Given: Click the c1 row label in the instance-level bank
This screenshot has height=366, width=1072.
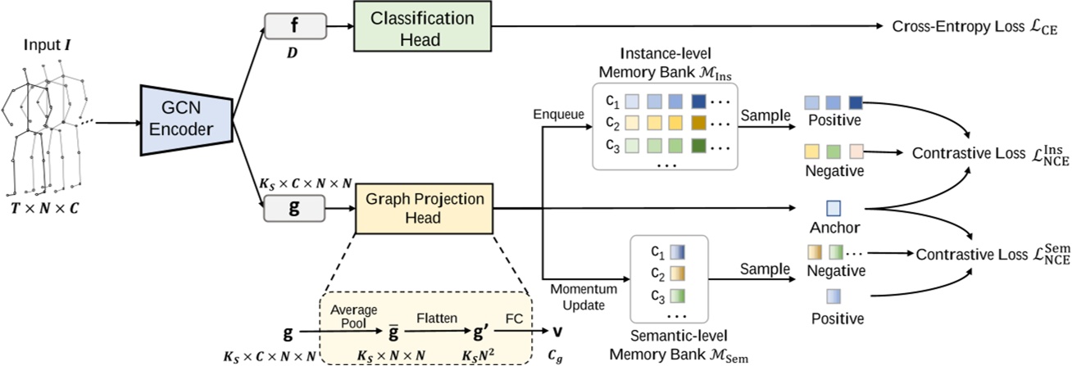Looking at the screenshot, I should coord(611,102).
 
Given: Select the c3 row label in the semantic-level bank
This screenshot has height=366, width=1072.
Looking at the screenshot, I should coord(653,293).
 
